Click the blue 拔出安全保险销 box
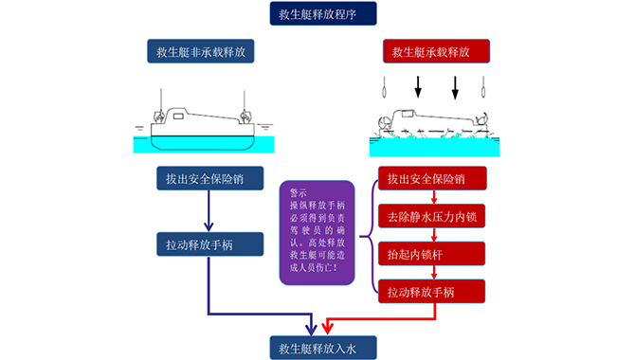click(205, 178)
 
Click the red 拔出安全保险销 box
click(433, 178)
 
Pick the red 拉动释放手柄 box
click(433, 291)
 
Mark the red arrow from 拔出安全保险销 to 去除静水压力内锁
click(433, 196)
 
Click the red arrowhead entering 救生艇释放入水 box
click(327, 329)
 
